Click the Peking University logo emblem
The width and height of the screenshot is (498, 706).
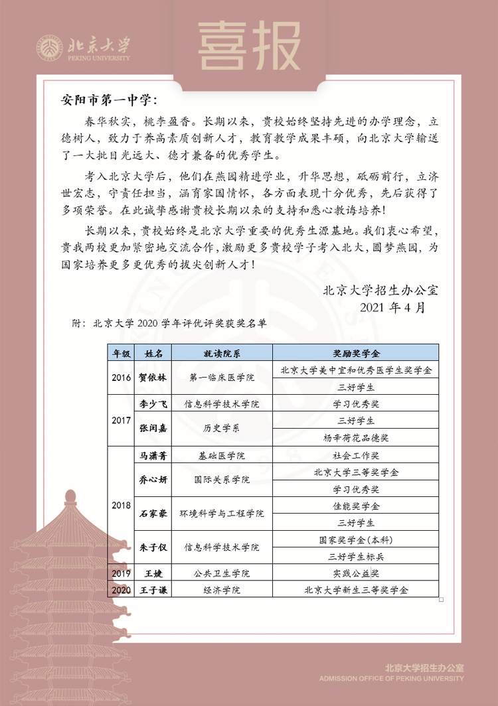click(x=50, y=47)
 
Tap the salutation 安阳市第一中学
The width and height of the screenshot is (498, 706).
click(x=109, y=101)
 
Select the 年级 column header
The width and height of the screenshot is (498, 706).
click(x=121, y=352)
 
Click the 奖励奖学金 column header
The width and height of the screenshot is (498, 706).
click(x=355, y=352)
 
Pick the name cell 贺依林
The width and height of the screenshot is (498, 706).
click(x=153, y=378)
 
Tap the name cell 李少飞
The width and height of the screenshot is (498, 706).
click(x=153, y=403)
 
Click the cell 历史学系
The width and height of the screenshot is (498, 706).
click(x=221, y=429)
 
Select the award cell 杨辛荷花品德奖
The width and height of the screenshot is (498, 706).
click(x=355, y=438)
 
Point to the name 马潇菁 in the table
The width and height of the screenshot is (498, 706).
click(x=153, y=456)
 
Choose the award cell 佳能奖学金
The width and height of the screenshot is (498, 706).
click(x=355, y=506)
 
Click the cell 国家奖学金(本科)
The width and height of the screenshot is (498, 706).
click(x=355, y=540)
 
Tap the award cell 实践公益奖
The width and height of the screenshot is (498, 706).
click(x=355, y=573)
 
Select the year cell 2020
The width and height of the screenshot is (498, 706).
click(x=121, y=590)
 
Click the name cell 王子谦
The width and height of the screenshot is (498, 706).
click(x=153, y=590)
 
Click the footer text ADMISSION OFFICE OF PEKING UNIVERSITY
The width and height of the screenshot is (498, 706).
click(x=391, y=679)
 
